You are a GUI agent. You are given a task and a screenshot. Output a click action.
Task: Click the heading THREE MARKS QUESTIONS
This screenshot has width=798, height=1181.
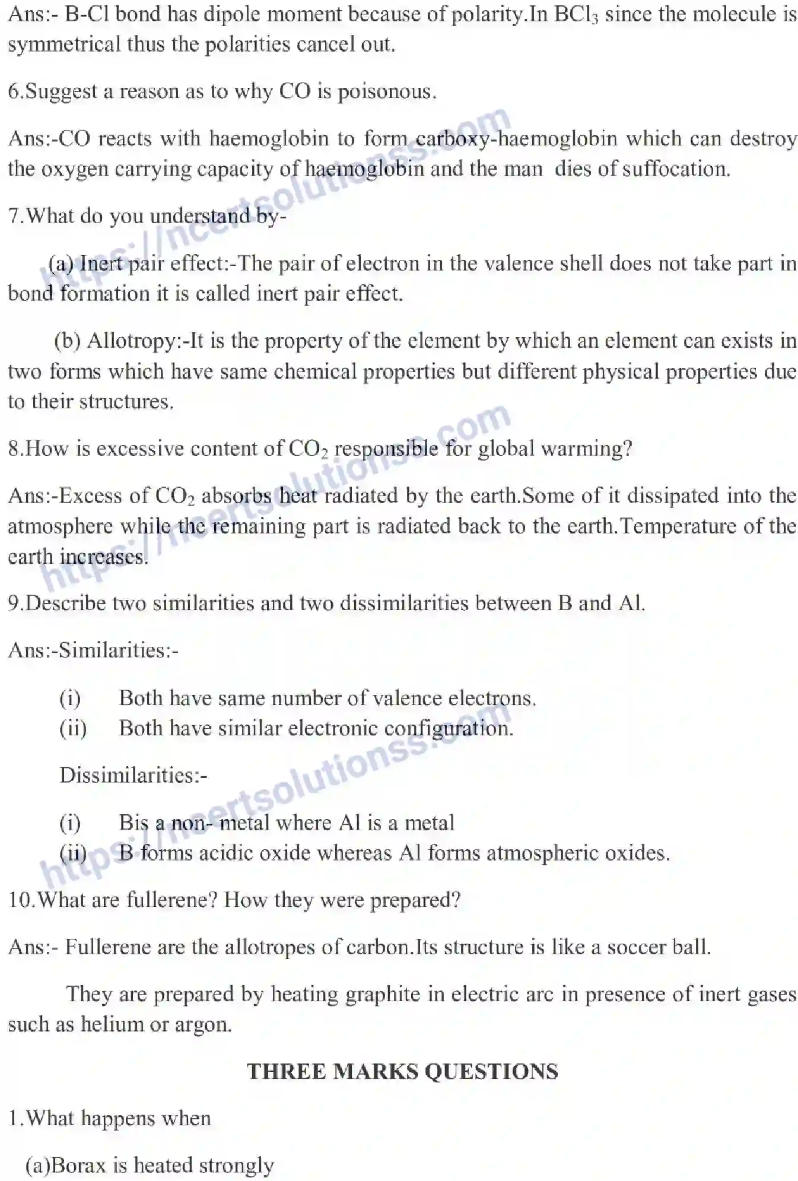(x=402, y=1072)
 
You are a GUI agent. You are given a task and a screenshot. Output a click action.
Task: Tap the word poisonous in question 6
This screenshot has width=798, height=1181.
(x=386, y=92)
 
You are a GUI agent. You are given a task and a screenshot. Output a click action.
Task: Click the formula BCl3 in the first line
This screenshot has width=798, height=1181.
(x=575, y=14)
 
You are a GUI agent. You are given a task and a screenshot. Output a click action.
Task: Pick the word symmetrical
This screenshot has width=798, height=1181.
(x=64, y=45)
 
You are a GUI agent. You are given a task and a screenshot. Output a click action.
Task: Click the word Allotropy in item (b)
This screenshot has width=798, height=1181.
(x=131, y=341)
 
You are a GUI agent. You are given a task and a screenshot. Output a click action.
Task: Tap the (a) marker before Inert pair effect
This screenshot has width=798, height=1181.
(x=61, y=263)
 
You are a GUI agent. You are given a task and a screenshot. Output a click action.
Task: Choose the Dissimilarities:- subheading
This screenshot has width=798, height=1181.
(x=133, y=775)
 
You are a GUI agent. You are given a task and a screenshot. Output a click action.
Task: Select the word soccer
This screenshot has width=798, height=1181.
(x=641, y=947)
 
